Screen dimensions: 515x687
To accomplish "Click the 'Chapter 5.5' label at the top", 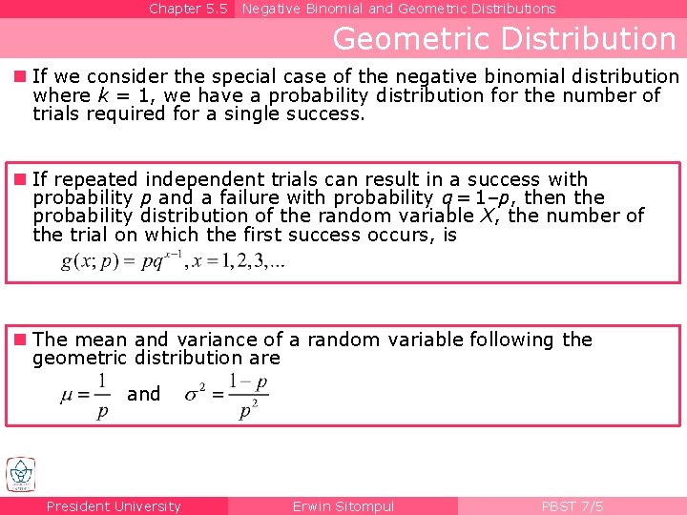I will [x=188, y=9].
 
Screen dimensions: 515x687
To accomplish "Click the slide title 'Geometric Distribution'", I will [x=504, y=39].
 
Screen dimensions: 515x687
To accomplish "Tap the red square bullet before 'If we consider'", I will [x=20, y=76].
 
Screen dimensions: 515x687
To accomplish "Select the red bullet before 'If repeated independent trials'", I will [x=20, y=179].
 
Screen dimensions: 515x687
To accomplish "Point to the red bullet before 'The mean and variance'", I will [x=20, y=340].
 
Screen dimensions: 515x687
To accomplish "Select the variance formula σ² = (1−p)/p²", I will [x=227, y=394].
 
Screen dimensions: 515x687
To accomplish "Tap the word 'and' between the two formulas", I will [x=144, y=394].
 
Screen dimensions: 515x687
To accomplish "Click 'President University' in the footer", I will [x=114, y=506].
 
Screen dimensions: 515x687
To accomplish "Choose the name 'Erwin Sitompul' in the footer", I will [x=343, y=506].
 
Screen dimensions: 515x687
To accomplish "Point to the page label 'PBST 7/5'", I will [x=572, y=506].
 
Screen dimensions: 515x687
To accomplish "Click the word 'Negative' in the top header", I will [x=271, y=9].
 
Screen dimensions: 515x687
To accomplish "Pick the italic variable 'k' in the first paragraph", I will [x=101, y=95].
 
